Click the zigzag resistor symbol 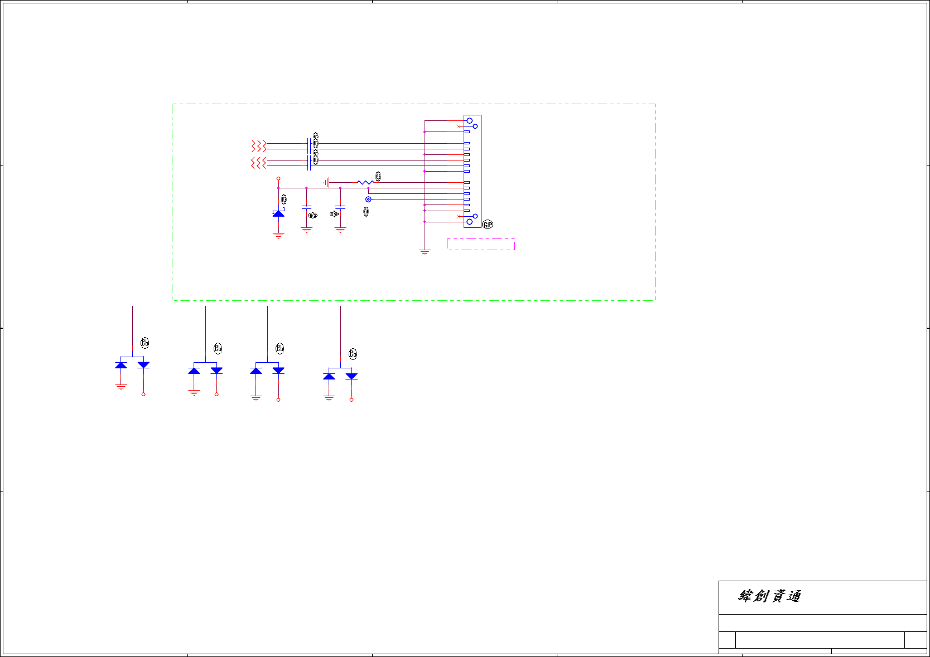(365, 182)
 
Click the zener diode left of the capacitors (278, 213)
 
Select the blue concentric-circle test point (368, 199)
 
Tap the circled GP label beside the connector (488, 225)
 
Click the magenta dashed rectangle (480, 244)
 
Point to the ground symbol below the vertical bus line (425, 252)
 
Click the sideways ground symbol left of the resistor (326, 182)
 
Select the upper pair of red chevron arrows (258, 146)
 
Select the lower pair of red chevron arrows (258, 163)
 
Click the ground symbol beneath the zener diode (278, 235)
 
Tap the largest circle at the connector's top (469, 121)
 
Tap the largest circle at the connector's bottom (469, 222)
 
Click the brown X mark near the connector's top (459, 126)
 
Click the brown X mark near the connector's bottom (459, 216)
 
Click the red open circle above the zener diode (278, 178)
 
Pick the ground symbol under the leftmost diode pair (121, 387)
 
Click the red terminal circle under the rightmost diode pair (351, 400)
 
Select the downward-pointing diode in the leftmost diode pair (143, 365)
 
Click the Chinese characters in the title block (769, 596)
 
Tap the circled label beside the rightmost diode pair (353, 354)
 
